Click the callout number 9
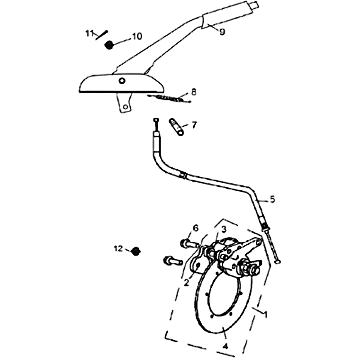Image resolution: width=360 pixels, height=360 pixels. (x=222, y=32)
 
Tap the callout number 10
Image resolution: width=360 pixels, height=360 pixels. (x=137, y=36)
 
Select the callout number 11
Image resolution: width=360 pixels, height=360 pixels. (x=89, y=33)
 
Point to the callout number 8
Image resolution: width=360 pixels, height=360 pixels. (x=193, y=92)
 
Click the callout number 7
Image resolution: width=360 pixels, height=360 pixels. (x=194, y=125)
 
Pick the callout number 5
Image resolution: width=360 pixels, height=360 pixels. (x=272, y=199)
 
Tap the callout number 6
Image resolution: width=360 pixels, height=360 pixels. (x=195, y=229)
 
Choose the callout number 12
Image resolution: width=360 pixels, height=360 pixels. (x=118, y=248)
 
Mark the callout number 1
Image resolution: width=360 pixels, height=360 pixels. (x=265, y=314)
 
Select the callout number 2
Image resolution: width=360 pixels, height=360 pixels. (x=186, y=283)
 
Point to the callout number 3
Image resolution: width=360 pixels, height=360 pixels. (x=224, y=229)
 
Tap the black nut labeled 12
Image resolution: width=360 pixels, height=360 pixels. (x=136, y=252)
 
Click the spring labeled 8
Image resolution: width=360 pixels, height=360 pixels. (x=169, y=98)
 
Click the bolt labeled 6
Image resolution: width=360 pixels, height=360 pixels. (x=190, y=244)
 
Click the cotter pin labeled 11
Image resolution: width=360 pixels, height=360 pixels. (x=102, y=35)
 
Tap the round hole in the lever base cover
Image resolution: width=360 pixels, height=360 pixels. (x=122, y=81)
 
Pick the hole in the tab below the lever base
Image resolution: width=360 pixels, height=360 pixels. (x=126, y=107)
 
